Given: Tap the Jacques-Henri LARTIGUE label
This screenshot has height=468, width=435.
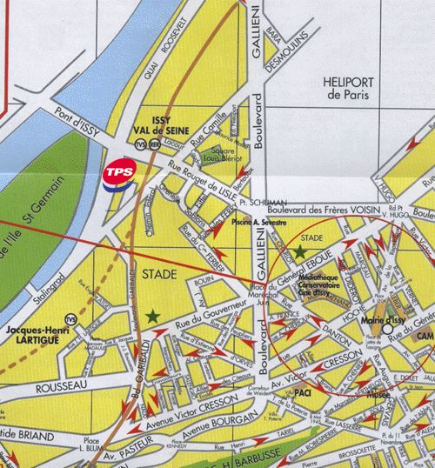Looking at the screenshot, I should [35, 335].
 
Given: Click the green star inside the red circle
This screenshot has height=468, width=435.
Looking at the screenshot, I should [300, 251].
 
